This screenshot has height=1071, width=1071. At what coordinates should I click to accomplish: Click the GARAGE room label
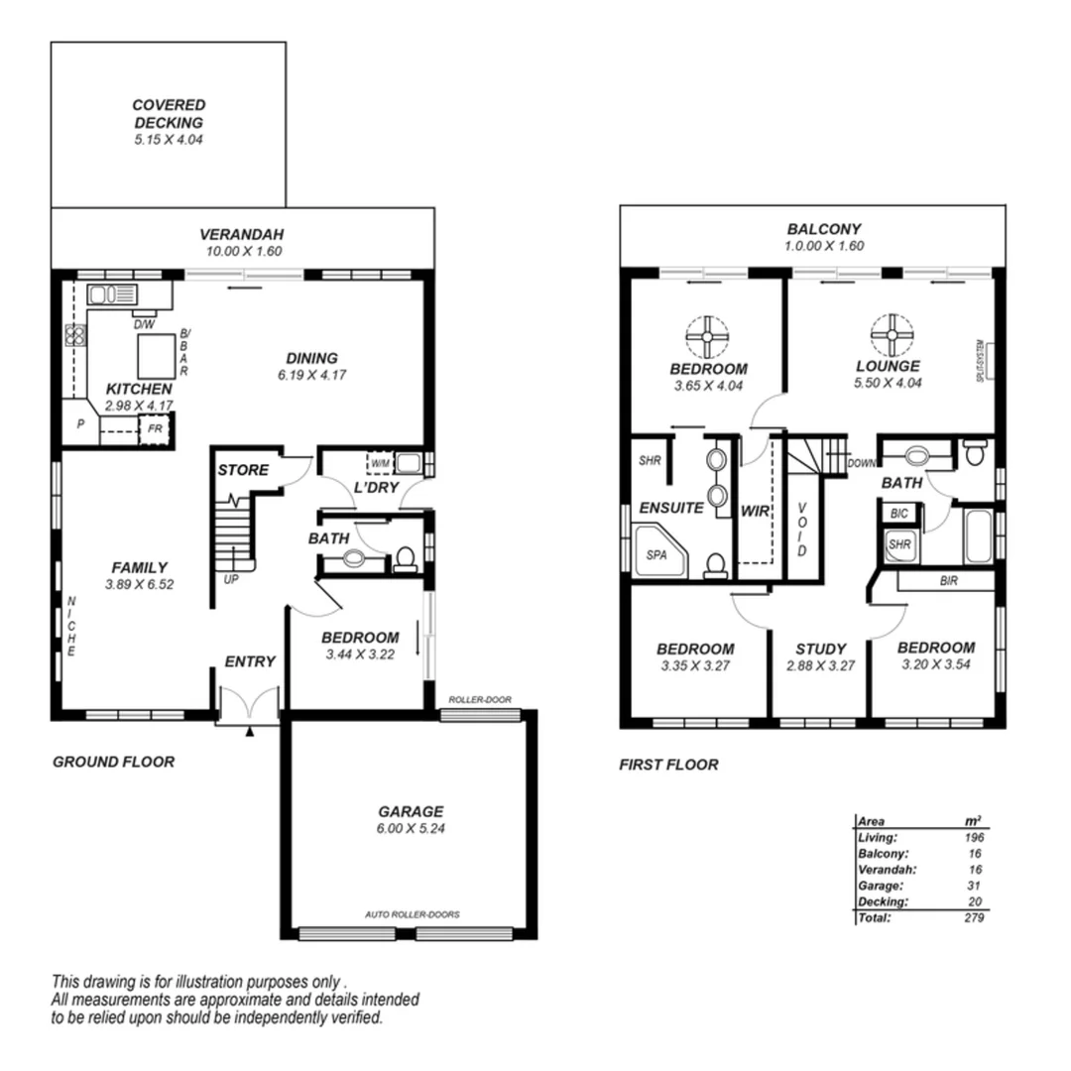point(410,810)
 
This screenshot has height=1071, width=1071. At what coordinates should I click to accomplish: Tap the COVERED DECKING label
point(169,113)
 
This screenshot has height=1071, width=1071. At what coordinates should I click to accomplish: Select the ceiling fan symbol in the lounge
point(891,335)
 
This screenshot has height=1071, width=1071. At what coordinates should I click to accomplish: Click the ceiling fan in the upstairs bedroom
point(708,335)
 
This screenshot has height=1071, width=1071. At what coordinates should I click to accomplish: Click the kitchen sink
point(111,294)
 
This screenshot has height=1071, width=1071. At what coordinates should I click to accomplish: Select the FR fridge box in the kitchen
point(156,429)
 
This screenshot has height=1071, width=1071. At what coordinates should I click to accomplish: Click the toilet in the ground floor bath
point(405,559)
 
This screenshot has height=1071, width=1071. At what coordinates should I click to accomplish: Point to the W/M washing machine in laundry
point(380,462)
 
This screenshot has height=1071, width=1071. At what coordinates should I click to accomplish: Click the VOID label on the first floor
point(801,530)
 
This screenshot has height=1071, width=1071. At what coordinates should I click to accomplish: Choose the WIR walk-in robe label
point(755,511)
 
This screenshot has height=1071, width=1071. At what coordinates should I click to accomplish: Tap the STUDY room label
point(820,650)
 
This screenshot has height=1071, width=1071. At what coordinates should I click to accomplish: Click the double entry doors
point(249,706)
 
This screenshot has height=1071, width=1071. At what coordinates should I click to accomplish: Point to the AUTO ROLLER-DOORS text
point(412,914)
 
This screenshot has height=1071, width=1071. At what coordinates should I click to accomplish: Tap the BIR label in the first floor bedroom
point(948,581)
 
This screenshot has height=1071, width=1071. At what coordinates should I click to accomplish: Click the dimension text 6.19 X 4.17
point(311,374)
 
